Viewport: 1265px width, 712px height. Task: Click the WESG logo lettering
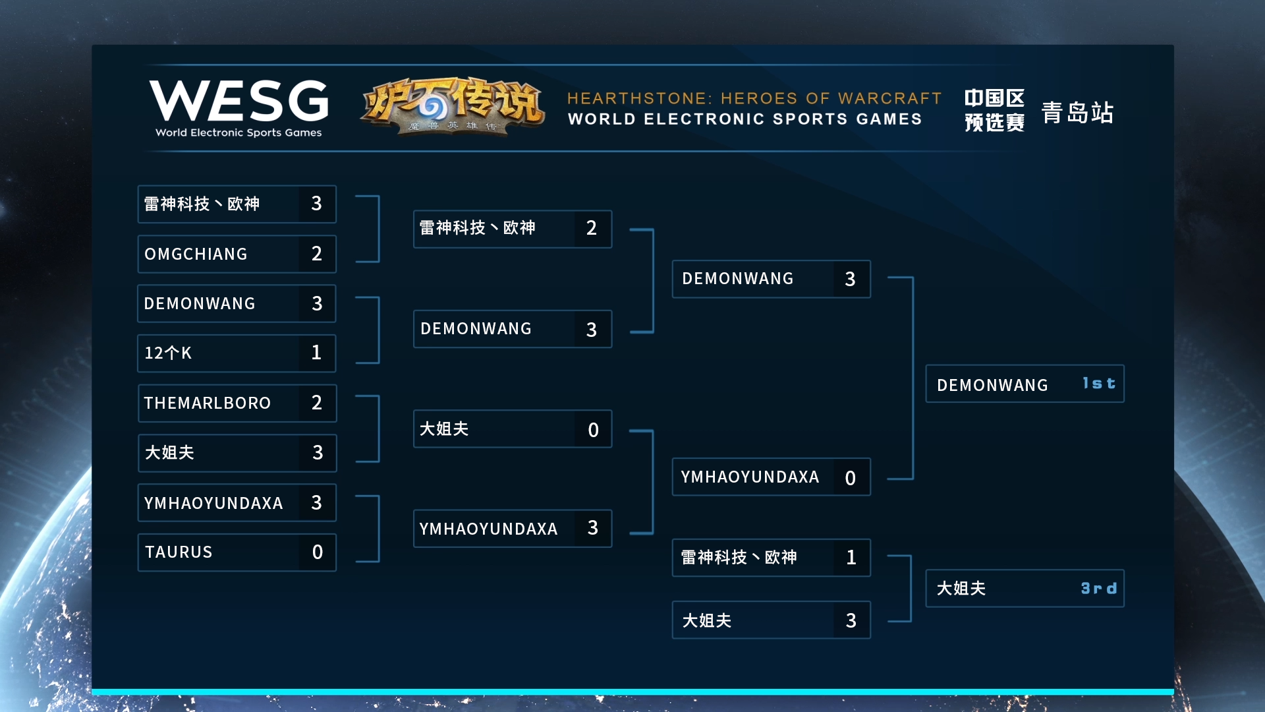click(x=239, y=101)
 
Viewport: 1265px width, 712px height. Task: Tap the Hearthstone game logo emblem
click(x=453, y=106)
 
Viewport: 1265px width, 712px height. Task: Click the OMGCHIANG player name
click(x=196, y=254)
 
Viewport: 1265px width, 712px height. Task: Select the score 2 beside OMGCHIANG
click(x=317, y=254)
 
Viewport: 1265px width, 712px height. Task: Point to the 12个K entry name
click(x=168, y=353)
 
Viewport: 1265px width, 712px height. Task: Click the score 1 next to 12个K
click(x=317, y=353)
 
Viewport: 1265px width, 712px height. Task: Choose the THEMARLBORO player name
click(x=208, y=403)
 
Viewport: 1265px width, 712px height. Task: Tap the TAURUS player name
click(x=179, y=552)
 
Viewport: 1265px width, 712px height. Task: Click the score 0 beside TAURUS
click(x=318, y=552)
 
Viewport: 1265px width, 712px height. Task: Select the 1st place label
click(x=1099, y=384)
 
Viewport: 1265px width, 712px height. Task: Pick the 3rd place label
click(x=1099, y=588)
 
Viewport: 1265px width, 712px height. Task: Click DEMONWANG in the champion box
click(x=992, y=385)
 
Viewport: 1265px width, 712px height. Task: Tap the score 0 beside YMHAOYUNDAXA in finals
click(x=851, y=478)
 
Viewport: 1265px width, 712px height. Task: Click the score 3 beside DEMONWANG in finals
click(x=851, y=279)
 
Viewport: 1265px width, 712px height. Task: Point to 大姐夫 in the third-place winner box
click(x=961, y=588)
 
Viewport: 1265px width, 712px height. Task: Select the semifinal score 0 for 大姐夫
click(x=593, y=430)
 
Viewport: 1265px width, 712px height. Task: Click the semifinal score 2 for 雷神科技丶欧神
click(x=592, y=228)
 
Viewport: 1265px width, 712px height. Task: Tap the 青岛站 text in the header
click(x=1077, y=113)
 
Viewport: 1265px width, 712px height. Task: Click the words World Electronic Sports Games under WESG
click(x=239, y=133)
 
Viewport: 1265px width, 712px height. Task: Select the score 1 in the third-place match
click(x=851, y=558)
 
